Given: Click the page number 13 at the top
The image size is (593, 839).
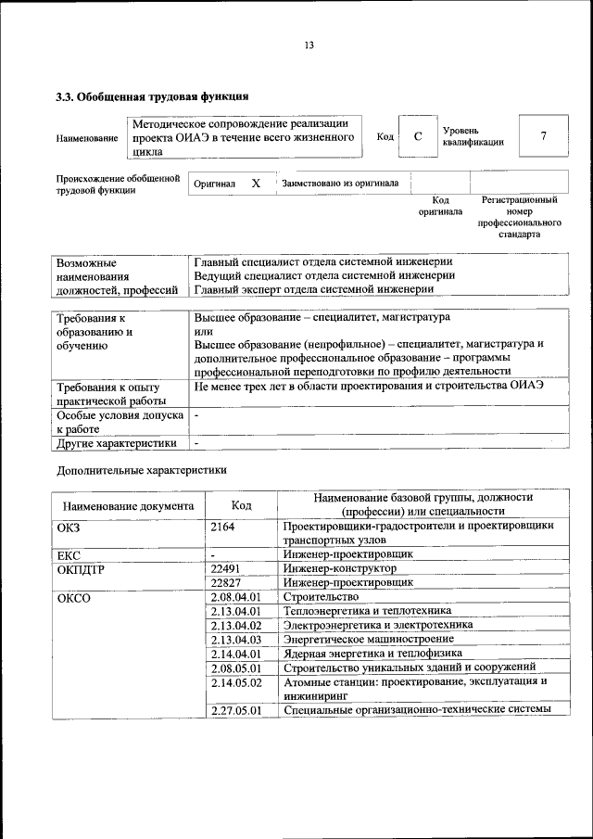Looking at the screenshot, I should [x=309, y=45].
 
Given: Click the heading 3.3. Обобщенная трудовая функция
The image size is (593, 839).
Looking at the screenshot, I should [x=152, y=95].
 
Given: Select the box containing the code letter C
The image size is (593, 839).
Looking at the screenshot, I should [x=418, y=136].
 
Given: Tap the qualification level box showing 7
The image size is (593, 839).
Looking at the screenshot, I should [x=543, y=136].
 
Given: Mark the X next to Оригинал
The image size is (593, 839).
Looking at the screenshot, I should [x=256, y=184].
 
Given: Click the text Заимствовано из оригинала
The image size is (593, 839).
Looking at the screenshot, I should [x=340, y=184].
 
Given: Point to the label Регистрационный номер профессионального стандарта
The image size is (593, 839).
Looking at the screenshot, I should [x=520, y=217].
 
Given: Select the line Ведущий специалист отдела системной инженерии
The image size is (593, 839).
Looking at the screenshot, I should [x=324, y=275].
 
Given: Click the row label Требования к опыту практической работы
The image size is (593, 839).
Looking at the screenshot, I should [x=109, y=393].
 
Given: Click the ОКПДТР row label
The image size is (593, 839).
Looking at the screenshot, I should [x=81, y=568].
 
